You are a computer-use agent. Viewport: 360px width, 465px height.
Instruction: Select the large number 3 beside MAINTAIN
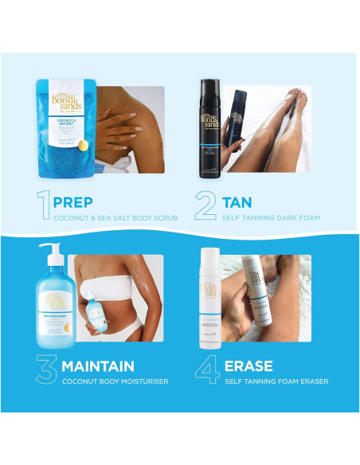45,371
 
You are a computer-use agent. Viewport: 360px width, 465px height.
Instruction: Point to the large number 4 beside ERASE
207,371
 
